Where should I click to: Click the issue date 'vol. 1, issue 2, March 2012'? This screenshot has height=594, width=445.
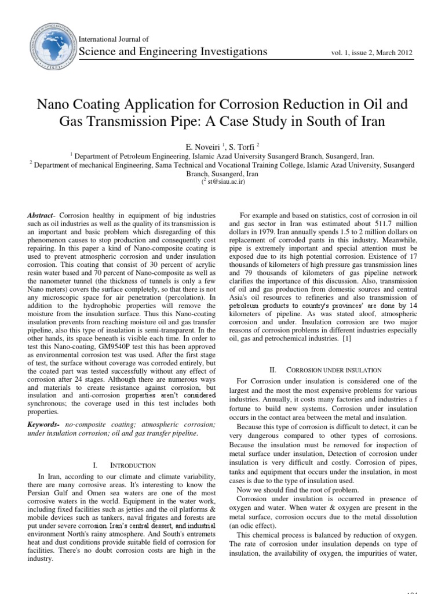(x=371, y=53)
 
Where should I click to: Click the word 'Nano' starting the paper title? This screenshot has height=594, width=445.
(x=55, y=105)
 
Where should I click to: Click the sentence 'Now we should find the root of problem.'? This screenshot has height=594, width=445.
(x=297, y=490)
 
